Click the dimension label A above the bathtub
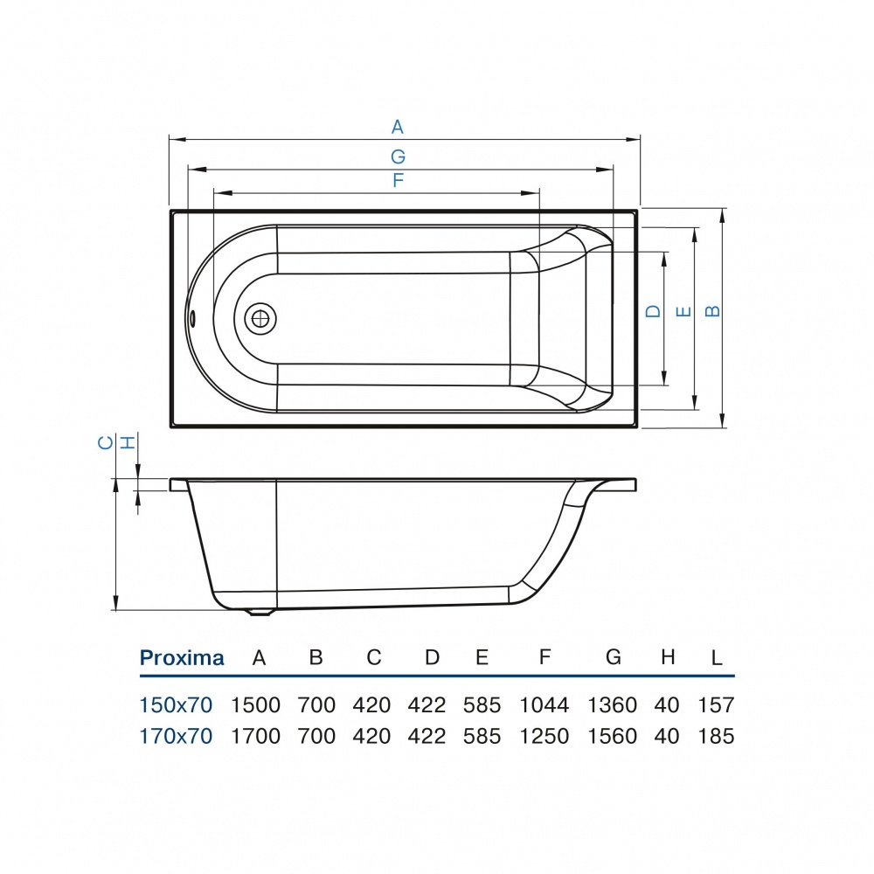pyautogui.click(x=398, y=128)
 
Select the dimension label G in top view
pyautogui.click(x=398, y=156)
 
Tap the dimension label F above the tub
pyautogui.click(x=398, y=181)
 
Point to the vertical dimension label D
pyautogui.click(x=653, y=312)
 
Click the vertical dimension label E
pyautogui.click(x=683, y=312)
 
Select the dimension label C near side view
pyautogui.click(x=104, y=443)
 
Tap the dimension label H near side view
pyautogui.click(x=128, y=443)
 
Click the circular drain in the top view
pyautogui.click(x=260, y=318)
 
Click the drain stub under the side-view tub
pyautogui.click(x=260, y=612)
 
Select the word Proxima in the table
pyautogui.click(x=182, y=658)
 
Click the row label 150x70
pyautogui.click(x=176, y=704)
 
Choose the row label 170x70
pyautogui.click(x=176, y=736)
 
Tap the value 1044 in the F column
pyautogui.click(x=544, y=704)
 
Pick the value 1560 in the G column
pyautogui.click(x=613, y=736)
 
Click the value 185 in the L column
pyautogui.click(x=717, y=736)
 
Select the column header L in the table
pyautogui.click(x=717, y=658)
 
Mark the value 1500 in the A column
pyautogui.click(x=255, y=704)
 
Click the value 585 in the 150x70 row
pyautogui.click(x=482, y=704)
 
